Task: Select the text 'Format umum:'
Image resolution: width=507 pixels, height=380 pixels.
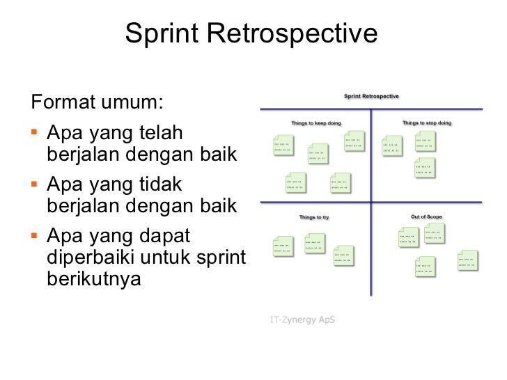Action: pos(97,104)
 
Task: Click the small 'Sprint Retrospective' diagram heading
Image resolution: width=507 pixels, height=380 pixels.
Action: pos(372,97)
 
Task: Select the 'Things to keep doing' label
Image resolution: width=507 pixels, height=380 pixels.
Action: pos(316,123)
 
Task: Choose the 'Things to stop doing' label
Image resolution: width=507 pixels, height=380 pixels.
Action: pos(427,123)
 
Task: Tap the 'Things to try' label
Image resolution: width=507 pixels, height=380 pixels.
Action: pos(314,217)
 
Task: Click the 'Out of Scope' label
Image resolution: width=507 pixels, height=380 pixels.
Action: pos(426,217)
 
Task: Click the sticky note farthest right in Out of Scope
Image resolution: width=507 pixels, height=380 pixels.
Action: pos(468,260)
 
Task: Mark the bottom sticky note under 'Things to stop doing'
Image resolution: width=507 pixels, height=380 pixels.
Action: pos(424,168)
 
